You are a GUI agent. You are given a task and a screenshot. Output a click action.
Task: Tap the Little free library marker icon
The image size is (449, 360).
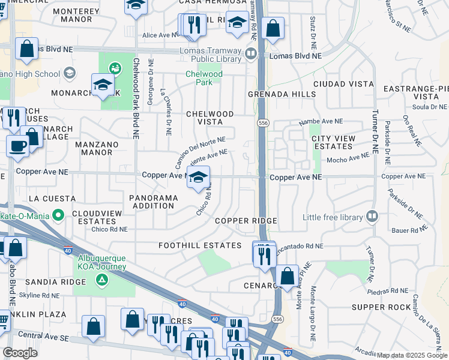372,216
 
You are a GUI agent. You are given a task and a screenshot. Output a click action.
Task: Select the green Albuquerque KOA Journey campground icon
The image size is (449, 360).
102,279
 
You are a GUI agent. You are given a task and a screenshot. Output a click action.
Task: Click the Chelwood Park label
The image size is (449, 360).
203,79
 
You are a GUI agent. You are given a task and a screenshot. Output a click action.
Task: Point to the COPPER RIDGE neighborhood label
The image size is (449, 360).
246,221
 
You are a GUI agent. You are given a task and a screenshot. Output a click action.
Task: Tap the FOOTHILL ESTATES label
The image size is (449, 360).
199,245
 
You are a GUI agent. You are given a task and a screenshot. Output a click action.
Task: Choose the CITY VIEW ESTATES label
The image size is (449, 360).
332,142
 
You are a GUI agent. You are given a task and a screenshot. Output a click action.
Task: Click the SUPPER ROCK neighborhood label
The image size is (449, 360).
381,307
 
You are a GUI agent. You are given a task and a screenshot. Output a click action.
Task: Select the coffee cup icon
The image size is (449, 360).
17,145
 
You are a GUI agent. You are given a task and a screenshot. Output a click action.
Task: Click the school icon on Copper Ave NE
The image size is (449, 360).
199,178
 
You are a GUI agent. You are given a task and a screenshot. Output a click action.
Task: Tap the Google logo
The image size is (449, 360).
20,353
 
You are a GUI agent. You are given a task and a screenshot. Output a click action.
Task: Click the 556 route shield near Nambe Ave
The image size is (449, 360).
262,122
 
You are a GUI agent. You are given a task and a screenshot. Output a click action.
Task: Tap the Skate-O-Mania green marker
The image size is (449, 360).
58,214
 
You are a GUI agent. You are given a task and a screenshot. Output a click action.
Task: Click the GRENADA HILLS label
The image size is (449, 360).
282,95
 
